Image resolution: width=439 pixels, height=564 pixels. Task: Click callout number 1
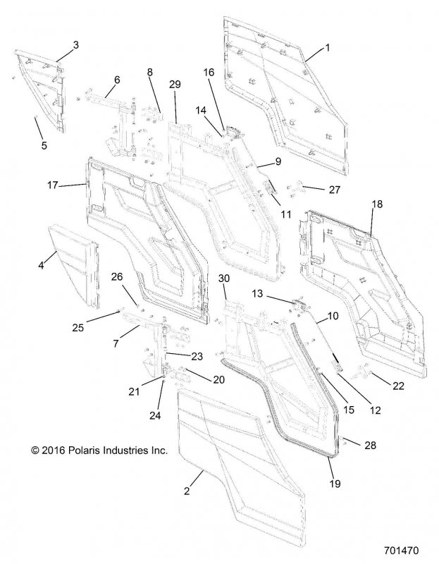click(327, 47)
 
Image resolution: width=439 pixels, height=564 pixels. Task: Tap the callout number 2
click(187, 491)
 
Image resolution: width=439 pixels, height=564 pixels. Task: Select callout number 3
click(75, 45)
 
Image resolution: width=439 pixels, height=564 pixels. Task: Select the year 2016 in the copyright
click(53, 450)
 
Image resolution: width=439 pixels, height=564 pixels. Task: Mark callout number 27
click(335, 190)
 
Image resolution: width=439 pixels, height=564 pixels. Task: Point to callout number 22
click(398, 386)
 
